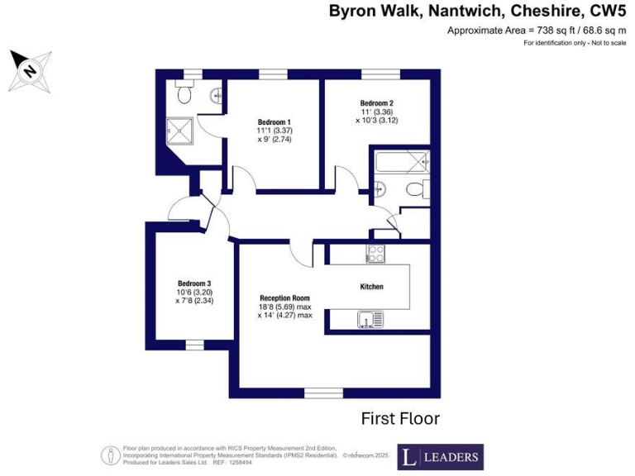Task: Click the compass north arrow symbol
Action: pos(31,70)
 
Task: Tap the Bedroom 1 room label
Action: pos(274,121)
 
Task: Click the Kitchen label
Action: pos(371,286)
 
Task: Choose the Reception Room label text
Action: pos(284,297)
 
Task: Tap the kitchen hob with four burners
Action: pos(375,254)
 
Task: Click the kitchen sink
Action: pos(367,318)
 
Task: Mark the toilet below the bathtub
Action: pos(411,190)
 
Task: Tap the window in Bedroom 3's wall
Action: pos(194,344)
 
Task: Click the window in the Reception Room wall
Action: pos(323,393)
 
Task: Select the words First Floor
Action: pos(400,419)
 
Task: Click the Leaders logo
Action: pos(440,456)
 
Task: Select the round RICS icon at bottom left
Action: pos(110,455)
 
